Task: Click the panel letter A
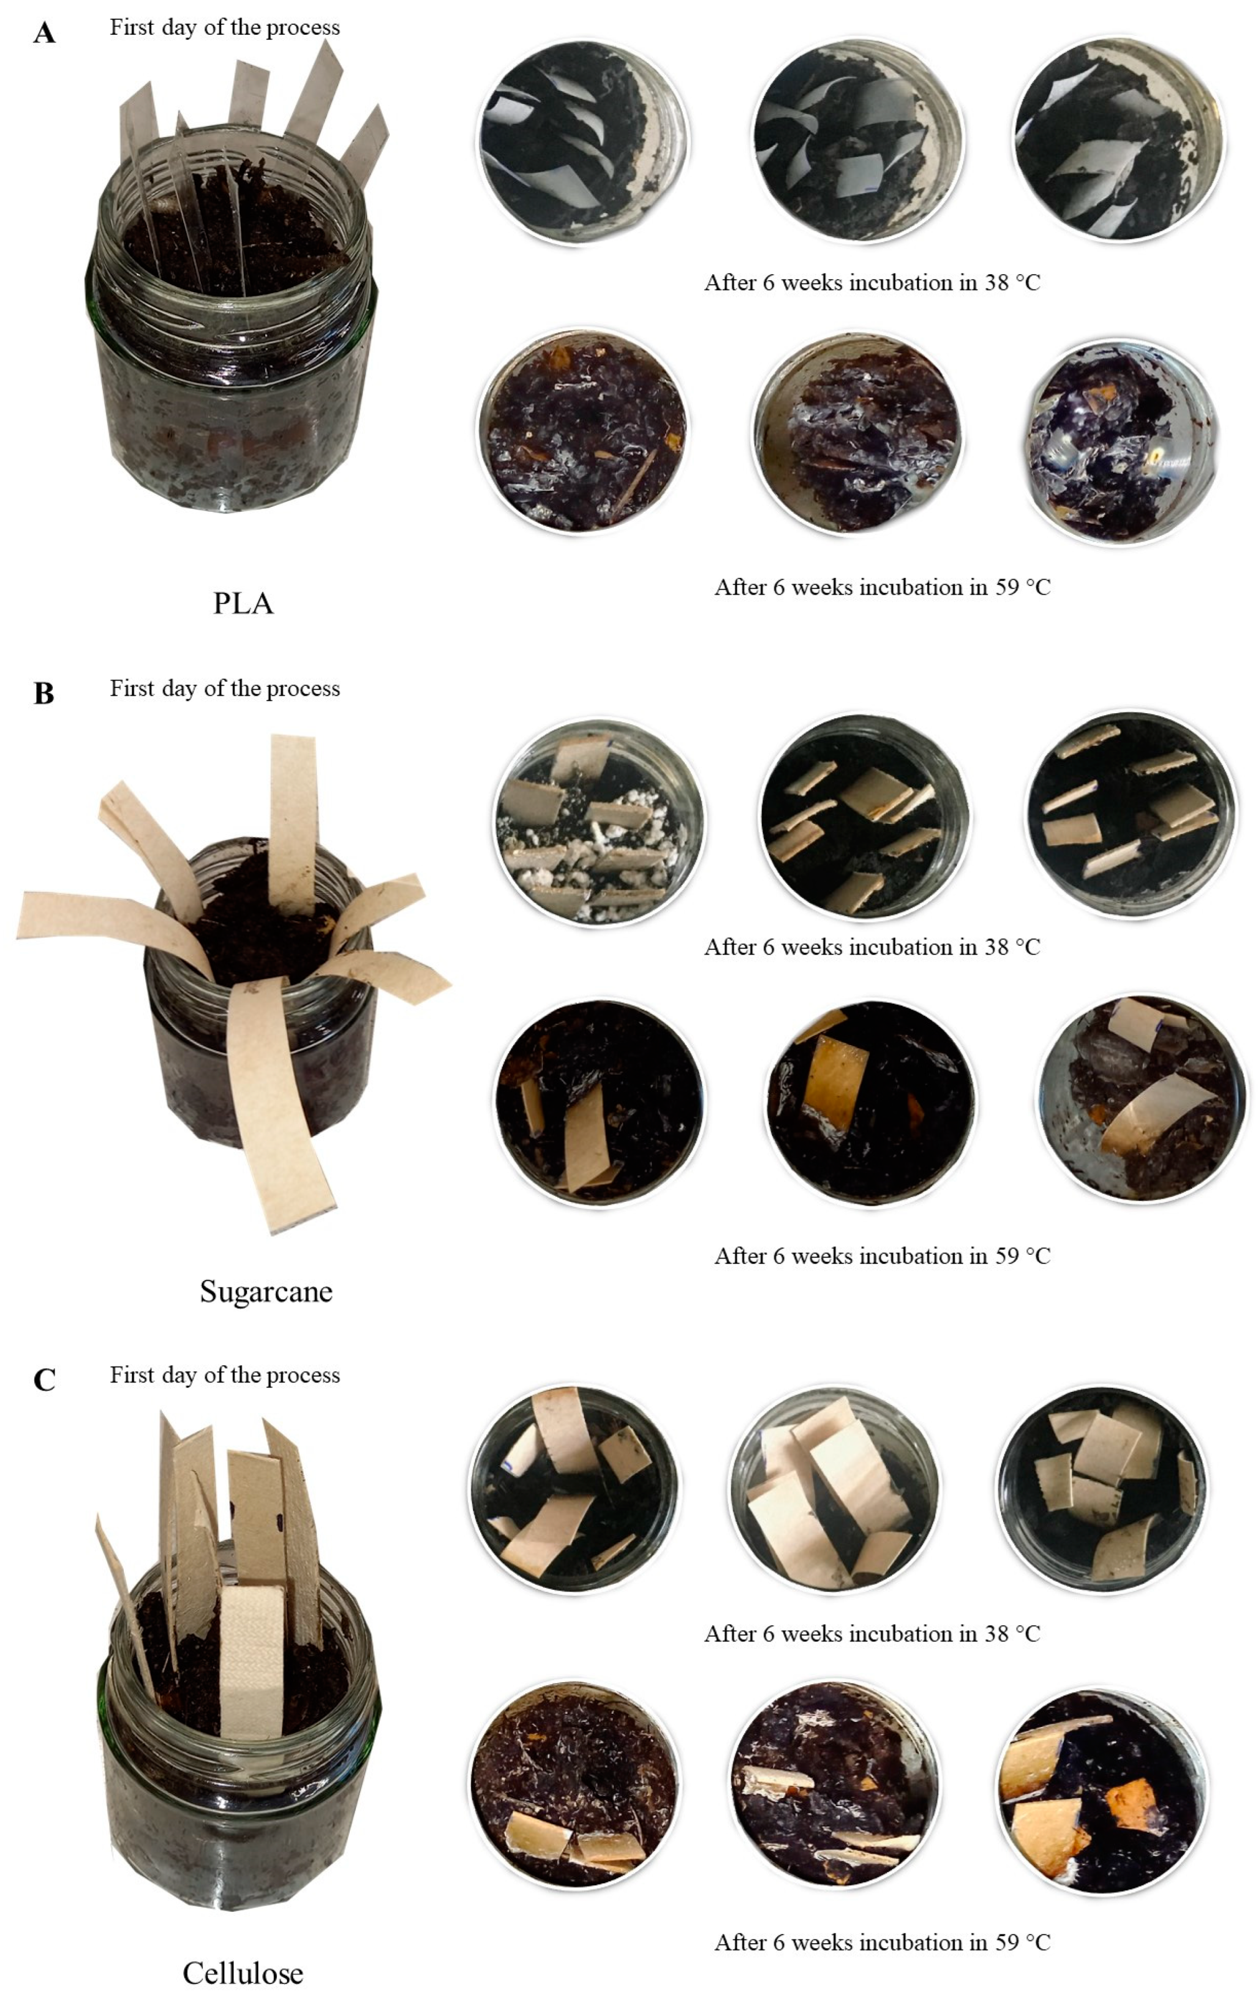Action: [x=44, y=33]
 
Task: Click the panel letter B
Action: [x=44, y=693]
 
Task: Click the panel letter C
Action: [x=44, y=1380]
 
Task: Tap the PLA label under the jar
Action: [x=243, y=603]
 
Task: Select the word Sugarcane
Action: [x=266, y=1291]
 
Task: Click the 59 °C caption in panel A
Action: [x=882, y=588]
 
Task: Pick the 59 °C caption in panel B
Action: [x=882, y=1256]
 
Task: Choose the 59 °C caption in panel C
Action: [x=882, y=1943]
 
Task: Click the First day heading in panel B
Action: [x=224, y=689]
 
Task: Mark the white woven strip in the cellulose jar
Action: [x=252, y=1662]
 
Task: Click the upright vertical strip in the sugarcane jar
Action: [x=293, y=823]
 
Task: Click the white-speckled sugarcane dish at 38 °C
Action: [x=598, y=823]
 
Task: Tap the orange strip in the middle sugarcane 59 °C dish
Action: [x=835, y=1080]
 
